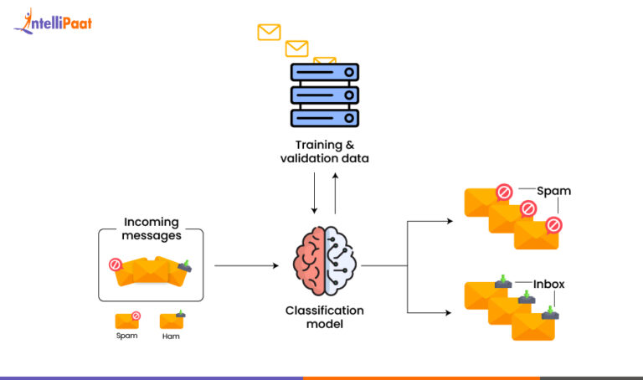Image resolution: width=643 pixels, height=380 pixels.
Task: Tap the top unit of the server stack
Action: (324, 73)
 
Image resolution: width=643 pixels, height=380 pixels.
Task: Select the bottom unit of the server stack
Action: (324, 117)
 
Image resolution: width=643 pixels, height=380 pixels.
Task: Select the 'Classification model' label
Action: (325, 317)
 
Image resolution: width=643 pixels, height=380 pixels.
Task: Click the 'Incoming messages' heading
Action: (152, 229)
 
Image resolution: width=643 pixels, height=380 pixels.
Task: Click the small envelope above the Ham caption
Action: (172, 320)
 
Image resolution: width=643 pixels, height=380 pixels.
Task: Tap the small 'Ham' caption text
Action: (171, 336)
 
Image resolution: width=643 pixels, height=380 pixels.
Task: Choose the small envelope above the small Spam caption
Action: (127, 320)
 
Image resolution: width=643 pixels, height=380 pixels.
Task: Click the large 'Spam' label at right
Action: (553, 191)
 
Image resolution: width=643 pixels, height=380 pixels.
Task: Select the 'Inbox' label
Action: (549, 285)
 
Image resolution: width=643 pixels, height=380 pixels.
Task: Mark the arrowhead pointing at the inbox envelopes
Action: (449, 312)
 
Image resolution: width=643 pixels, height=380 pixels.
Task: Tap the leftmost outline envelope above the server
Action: (269, 33)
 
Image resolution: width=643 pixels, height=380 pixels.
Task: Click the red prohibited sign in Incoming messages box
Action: (116, 264)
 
